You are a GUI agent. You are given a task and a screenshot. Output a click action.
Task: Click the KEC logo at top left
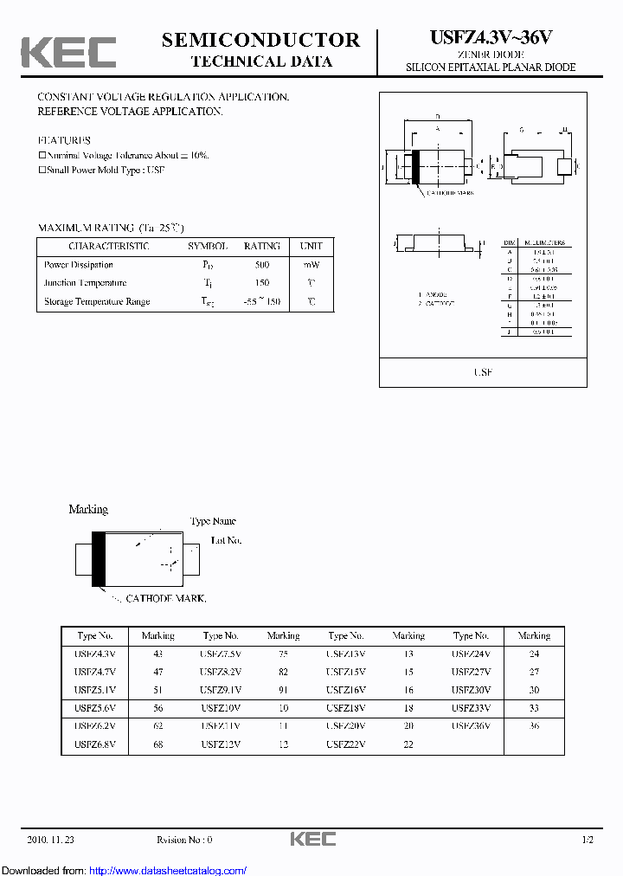(68, 52)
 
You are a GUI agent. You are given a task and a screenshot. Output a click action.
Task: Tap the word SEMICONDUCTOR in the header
(260, 40)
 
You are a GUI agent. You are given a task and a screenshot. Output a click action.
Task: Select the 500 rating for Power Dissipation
(261, 265)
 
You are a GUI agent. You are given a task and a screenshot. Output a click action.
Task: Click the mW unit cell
(311, 265)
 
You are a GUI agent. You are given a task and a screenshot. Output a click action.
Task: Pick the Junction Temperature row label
(85, 283)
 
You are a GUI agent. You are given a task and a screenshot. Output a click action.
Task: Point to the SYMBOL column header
(208, 246)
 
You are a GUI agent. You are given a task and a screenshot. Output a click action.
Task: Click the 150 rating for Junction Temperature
(261, 283)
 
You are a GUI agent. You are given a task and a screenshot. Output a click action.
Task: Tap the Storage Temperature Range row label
(97, 301)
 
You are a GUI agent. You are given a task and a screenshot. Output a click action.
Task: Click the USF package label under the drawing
(483, 371)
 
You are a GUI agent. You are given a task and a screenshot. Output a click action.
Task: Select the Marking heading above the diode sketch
(88, 509)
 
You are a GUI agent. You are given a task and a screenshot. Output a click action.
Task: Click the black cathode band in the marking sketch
(99, 557)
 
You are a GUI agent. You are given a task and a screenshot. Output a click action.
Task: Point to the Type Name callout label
(213, 521)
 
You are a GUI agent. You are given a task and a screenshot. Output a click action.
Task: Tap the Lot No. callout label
(227, 540)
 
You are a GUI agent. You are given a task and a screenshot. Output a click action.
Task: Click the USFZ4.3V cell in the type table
(95, 654)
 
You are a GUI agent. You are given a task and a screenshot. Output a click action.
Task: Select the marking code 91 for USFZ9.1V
(283, 690)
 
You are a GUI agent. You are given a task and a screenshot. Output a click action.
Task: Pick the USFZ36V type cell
(471, 725)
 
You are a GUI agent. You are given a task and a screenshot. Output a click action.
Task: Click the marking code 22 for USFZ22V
(408, 744)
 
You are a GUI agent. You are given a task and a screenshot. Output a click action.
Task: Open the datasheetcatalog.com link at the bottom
(168, 870)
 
